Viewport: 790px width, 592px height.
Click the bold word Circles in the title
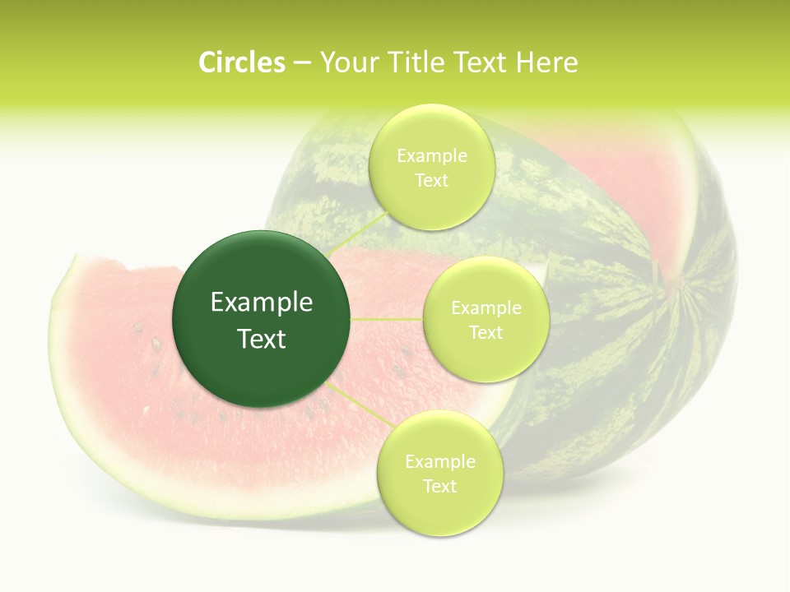pyautogui.click(x=241, y=62)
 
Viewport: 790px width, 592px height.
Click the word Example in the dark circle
pyautogui.click(x=262, y=302)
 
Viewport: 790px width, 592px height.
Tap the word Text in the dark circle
pyautogui.click(x=262, y=339)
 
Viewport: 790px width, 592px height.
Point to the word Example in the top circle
pyautogui.click(x=431, y=156)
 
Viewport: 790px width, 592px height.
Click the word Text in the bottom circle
pyautogui.click(x=439, y=486)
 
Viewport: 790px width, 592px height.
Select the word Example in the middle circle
pyautogui.click(x=486, y=308)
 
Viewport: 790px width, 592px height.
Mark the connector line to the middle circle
pyautogui.click(x=387, y=319)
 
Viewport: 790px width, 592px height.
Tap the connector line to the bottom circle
pyautogui.click(x=358, y=403)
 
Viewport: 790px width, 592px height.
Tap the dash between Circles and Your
pyautogui.click(x=301, y=63)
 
